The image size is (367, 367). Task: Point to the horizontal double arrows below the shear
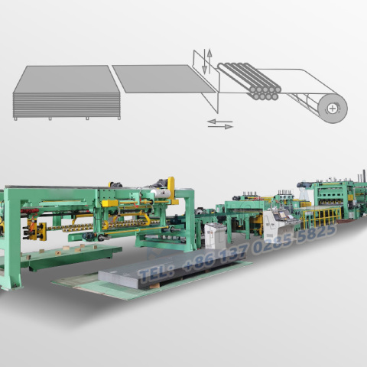click(x=220, y=123)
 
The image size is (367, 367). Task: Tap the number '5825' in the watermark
click(x=313, y=231)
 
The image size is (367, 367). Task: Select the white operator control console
click(x=275, y=226)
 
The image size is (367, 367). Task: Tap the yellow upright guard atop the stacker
click(x=172, y=190)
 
